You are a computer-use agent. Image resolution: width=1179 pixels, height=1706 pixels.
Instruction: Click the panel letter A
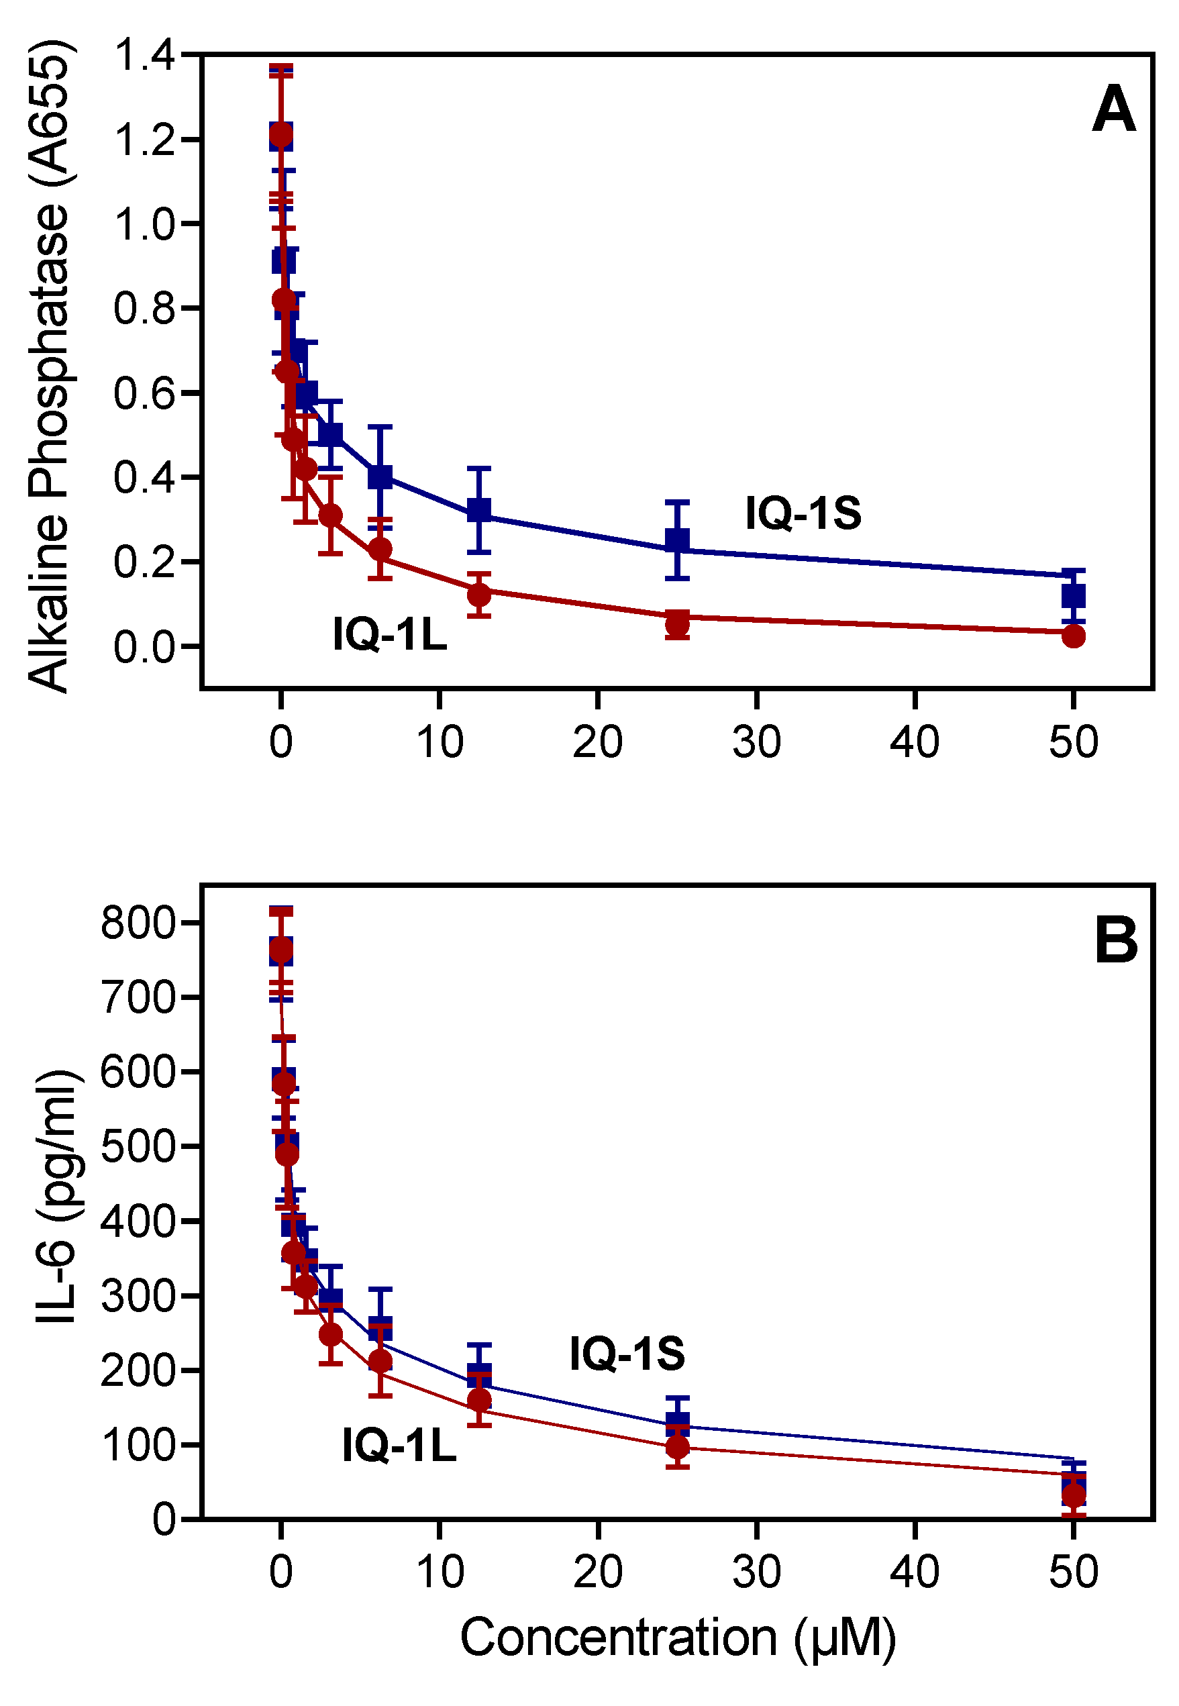point(1113,109)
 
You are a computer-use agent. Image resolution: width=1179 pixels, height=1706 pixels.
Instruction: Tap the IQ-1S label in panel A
point(803,513)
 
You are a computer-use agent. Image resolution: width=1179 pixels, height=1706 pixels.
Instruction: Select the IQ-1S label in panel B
point(627,1354)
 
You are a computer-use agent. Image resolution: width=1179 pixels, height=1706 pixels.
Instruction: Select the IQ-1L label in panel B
point(399,1444)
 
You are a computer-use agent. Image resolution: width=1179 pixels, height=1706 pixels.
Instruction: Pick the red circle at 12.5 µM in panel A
point(479,593)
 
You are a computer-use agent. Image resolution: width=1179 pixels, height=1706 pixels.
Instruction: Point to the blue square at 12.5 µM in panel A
point(479,509)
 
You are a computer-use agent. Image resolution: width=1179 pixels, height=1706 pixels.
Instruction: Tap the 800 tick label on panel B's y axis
point(138,922)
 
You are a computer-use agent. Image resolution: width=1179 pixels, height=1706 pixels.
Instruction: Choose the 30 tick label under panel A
point(756,742)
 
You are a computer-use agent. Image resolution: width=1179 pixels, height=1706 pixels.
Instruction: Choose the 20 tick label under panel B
point(598,1572)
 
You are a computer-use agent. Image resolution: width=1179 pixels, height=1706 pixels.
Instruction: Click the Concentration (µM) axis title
point(678,1638)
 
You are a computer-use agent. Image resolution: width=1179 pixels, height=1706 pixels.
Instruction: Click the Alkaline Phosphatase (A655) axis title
point(49,366)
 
